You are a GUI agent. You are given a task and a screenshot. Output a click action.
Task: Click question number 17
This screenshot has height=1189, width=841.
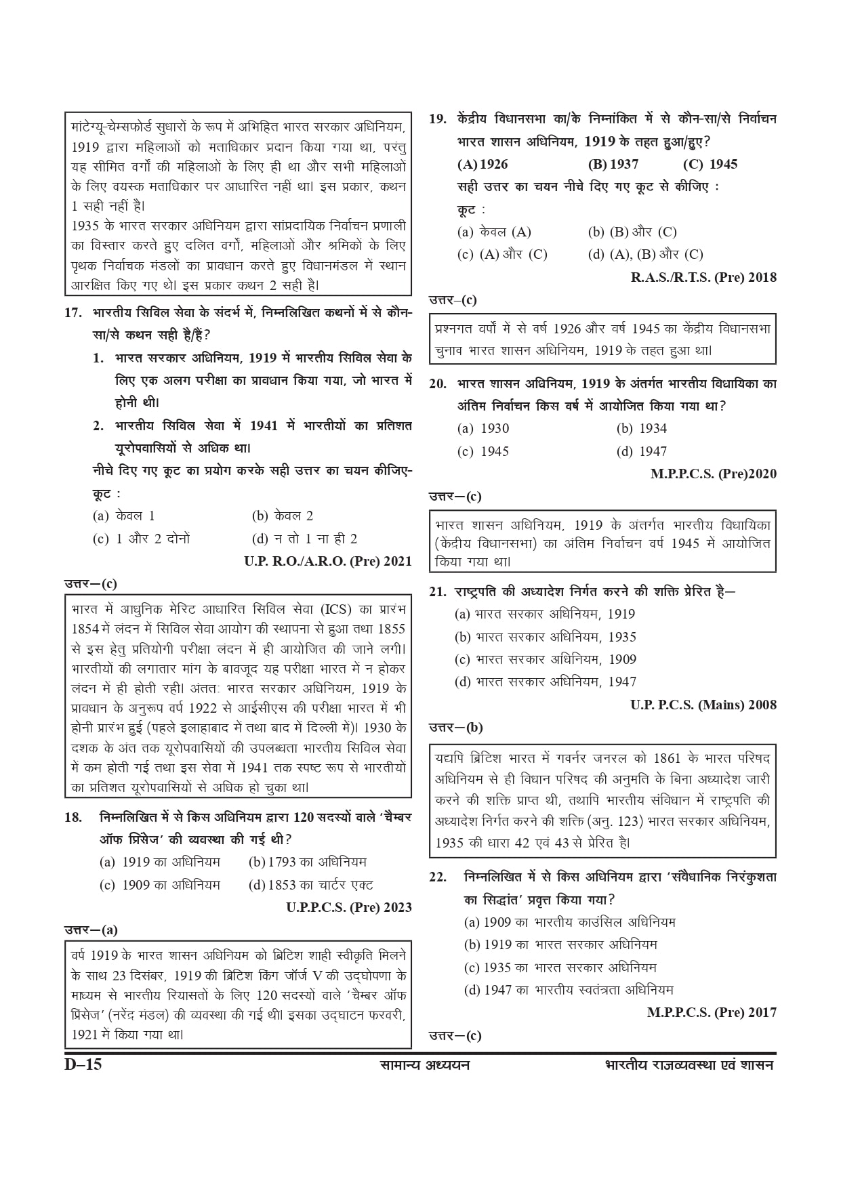74,313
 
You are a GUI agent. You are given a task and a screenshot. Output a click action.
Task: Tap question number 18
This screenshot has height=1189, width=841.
73,817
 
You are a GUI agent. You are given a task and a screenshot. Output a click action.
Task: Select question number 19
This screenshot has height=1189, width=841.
438,119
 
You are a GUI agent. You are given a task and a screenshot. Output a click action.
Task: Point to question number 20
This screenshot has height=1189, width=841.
438,384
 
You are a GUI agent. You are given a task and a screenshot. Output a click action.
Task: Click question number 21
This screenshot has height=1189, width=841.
438,591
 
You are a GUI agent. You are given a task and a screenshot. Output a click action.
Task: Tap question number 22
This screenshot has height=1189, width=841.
438,877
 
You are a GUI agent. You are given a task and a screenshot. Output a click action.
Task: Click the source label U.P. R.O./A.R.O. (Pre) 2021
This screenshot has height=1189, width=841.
328,561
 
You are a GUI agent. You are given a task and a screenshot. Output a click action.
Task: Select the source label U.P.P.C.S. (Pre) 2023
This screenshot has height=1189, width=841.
349,907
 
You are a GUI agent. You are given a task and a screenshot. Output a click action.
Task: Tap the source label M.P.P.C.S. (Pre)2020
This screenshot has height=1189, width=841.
713,474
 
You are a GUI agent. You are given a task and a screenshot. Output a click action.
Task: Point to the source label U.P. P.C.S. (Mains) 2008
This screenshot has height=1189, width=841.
703,705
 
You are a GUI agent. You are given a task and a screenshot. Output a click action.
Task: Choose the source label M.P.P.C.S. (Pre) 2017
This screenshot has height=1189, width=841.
712,1013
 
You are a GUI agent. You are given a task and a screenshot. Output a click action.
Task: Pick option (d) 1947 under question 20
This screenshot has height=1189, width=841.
641,451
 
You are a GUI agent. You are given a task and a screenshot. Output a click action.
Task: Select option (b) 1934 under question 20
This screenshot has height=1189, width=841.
641,428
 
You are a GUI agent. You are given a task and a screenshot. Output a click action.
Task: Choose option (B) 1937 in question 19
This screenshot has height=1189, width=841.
613,164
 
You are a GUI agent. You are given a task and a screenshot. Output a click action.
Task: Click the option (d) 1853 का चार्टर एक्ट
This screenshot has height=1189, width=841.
311,885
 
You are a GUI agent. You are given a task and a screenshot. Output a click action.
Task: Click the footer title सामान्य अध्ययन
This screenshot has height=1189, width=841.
424,1065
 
